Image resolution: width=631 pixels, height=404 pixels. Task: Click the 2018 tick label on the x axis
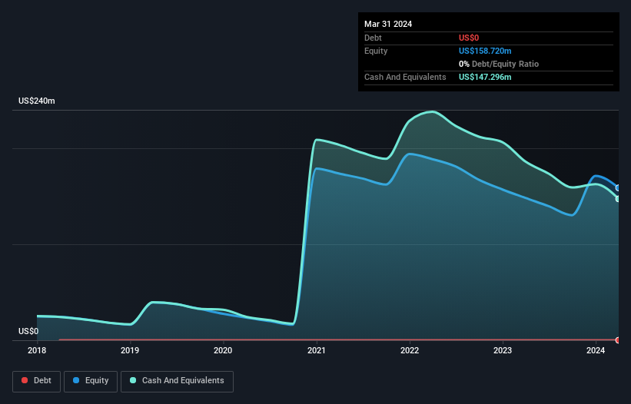[37, 351]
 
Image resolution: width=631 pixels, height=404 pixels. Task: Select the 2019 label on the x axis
[130, 351]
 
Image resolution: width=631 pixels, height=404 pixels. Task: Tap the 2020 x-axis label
[223, 351]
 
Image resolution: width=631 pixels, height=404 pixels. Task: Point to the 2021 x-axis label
[317, 351]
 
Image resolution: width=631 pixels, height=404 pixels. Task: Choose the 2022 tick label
[410, 351]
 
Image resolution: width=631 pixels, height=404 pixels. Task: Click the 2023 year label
[503, 351]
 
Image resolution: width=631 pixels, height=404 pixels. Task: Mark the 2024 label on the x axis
[596, 351]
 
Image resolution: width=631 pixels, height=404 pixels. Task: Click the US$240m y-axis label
[37, 101]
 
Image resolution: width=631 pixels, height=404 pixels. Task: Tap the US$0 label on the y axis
[28, 331]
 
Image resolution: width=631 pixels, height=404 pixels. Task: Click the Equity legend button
[91, 380]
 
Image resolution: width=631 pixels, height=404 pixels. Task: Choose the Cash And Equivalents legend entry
[177, 380]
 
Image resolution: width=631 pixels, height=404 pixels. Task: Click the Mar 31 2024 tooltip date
[388, 24]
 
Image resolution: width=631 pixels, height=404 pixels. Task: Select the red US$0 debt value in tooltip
[469, 38]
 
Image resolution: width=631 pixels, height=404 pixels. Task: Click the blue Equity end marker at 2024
[618, 187]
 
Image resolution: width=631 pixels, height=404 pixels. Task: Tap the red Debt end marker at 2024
[618, 339]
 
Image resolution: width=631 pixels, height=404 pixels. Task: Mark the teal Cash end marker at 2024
[618, 199]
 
